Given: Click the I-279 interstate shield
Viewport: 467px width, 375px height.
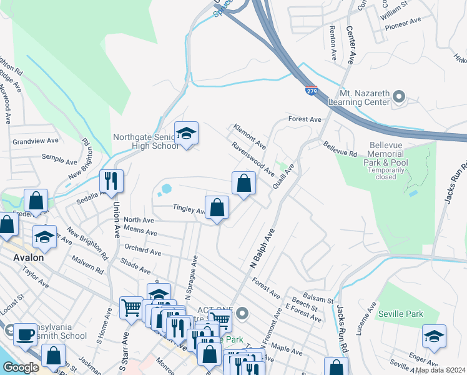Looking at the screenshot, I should pos(311,91).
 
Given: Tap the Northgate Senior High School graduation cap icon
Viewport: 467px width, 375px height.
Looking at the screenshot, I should pos(186,134).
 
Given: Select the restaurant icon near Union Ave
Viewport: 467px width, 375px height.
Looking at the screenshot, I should pos(111,181).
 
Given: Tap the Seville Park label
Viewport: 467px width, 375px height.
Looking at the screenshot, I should pos(400,314).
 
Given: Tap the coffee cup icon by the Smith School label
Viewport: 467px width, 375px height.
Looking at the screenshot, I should pos(25,334).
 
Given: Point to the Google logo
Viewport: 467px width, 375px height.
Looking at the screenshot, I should pos(21,367).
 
